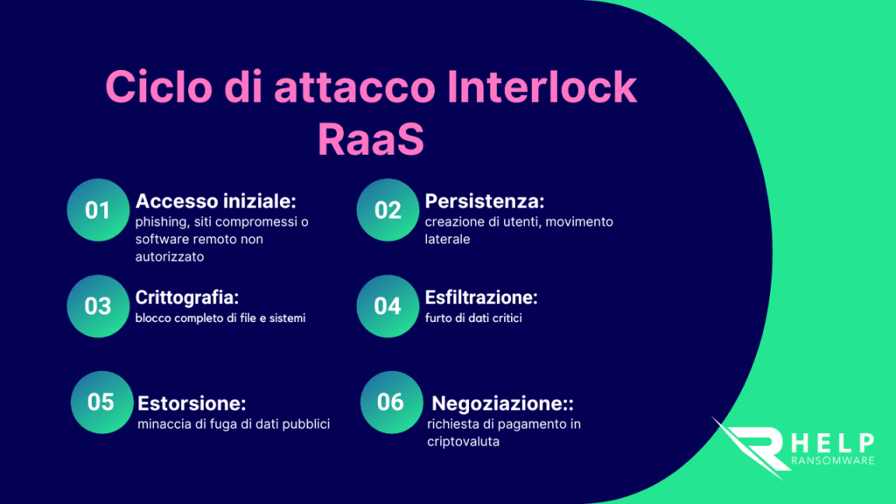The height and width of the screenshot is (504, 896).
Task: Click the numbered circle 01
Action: tap(98, 210)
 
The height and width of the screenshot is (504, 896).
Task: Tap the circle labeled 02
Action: tap(388, 210)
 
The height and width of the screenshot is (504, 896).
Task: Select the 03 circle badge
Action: tap(98, 305)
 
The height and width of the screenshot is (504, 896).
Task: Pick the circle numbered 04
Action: tap(388, 305)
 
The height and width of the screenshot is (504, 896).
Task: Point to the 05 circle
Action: tap(101, 402)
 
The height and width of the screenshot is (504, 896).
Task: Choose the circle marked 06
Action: tap(391, 402)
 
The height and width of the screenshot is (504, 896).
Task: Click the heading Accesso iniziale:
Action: tap(216, 201)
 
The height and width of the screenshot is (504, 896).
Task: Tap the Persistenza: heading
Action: tap(485, 201)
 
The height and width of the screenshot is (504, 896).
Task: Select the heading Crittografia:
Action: tap(187, 297)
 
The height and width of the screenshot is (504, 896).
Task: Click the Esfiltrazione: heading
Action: tap(481, 297)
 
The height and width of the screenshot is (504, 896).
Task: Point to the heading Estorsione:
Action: tap(192, 403)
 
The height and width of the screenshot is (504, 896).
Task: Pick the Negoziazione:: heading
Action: tap(502, 403)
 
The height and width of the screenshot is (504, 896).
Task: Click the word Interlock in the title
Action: tap(541, 87)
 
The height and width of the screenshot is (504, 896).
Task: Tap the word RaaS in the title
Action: tap(371, 139)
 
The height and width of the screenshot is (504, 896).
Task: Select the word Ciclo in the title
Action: tap(159, 87)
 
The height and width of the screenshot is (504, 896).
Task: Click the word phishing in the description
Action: tap(162, 221)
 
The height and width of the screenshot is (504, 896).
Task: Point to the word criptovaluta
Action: tap(464, 442)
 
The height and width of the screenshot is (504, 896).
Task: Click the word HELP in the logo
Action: tap(833, 444)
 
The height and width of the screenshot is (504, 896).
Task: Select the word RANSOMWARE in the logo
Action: tap(833, 460)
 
